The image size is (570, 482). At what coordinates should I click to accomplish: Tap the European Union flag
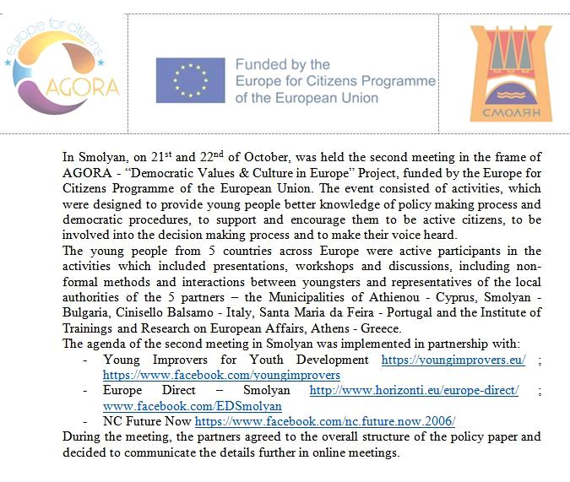coord(190,80)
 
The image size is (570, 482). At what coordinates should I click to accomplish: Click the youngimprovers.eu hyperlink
coord(453,360)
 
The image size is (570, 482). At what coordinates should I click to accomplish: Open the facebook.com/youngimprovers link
coord(221,375)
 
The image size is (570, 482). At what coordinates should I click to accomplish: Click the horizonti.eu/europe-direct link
coord(414,390)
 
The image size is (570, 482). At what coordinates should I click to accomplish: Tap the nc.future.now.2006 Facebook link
coord(324,420)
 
